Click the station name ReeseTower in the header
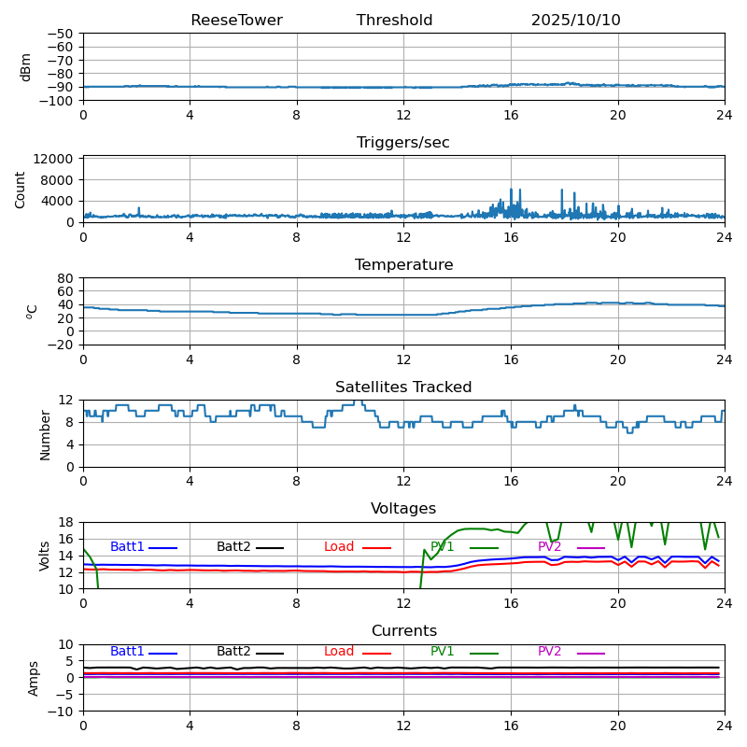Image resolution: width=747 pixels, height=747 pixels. (236, 21)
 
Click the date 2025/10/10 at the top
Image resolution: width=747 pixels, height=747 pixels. (575, 21)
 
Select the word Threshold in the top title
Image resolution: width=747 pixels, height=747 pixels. (394, 21)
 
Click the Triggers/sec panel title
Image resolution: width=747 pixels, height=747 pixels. (403, 143)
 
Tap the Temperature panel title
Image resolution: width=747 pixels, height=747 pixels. (403, 265)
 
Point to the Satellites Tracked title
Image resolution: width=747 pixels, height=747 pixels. (403, 388)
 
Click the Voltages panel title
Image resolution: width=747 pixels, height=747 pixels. (403, 509)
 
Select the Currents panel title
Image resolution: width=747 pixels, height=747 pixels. (403, 631)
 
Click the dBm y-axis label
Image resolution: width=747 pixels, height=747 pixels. (26, 66)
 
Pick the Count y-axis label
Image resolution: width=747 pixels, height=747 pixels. (21, 189)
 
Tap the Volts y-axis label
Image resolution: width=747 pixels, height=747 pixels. (45, 555)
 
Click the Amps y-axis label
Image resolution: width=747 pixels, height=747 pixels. (34, 678)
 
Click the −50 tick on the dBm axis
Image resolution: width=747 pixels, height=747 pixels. (59, 34)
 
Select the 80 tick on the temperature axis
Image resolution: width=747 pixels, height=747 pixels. (65, 278)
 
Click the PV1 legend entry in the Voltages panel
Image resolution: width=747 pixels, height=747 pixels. (443, 547)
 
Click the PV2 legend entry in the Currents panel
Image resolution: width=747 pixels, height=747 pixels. (550, 652)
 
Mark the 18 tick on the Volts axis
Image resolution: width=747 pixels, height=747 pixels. (65, 522)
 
